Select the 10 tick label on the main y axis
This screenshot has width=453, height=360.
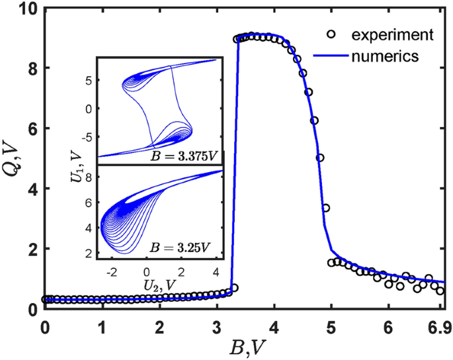(28, 9)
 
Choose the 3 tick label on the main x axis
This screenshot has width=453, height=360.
(216, 327)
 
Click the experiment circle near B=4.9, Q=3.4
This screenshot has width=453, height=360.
(325, 208)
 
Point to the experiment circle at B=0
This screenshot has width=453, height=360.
(45, 299)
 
